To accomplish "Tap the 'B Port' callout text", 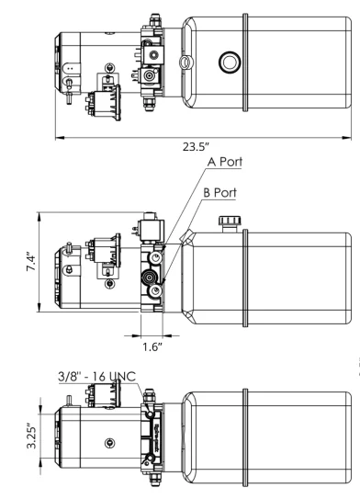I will (x=223, y=196).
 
